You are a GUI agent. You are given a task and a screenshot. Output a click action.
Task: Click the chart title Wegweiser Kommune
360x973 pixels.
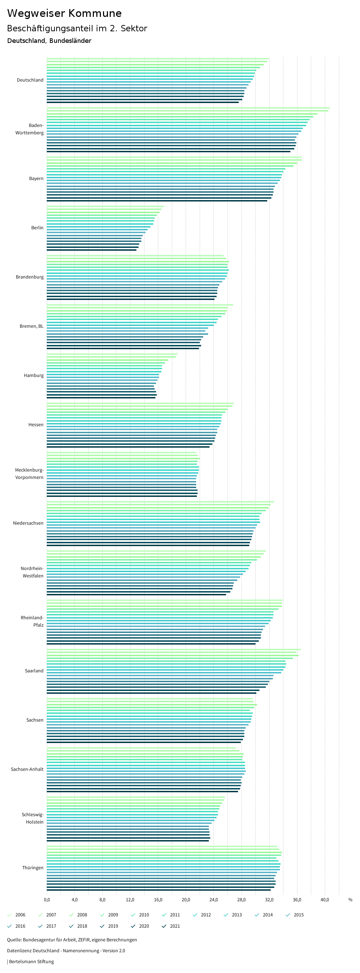click(x=64, y=13)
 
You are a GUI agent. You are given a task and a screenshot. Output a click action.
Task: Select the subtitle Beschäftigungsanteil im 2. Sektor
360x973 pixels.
click(x=77, y=28)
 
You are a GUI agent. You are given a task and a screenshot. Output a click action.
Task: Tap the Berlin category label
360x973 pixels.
click(x=37, y=228)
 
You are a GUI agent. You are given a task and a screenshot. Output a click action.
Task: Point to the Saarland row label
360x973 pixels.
click(x=34, y=671)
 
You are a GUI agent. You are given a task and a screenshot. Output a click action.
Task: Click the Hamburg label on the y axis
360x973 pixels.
click(x=34, y=376)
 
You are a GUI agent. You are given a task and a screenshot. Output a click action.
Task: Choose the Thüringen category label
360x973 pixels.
click(x=32, y=868)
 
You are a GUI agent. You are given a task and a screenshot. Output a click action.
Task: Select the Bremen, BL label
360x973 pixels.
click(x=31, y=326)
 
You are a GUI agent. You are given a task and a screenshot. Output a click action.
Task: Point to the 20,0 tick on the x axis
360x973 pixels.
click(x=186, y=900)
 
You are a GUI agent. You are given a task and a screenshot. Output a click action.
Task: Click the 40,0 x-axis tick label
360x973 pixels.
click(x=325, y=900)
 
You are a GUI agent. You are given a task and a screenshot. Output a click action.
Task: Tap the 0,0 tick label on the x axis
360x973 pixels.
click(x=47, y=900)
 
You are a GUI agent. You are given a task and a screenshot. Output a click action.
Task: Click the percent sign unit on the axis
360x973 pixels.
click(x=350, y=900)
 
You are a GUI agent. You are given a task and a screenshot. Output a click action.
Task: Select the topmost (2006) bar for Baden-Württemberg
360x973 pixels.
click(x=188, y=108)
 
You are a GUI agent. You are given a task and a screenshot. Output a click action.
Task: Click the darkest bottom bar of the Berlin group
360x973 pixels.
click(x=91, y=250)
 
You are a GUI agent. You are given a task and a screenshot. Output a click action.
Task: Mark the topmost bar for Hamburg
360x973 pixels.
click(x=112, y=354)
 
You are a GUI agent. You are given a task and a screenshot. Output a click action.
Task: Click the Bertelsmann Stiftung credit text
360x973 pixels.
click(x=31, y=961)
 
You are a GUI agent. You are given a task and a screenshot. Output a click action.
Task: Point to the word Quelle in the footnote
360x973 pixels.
click(x=14, y=940)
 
